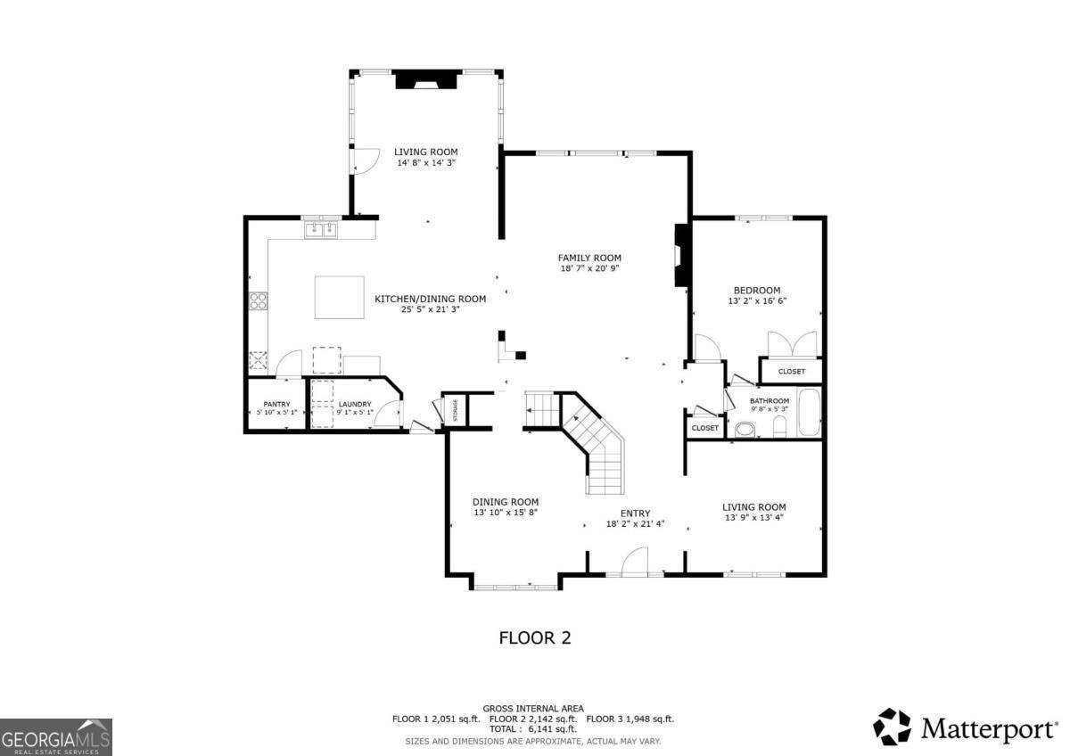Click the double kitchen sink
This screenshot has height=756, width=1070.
click(x=321, y=230)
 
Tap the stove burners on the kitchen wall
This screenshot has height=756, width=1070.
click(x=259, y=301)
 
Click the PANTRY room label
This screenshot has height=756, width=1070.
click(x=276, y=404)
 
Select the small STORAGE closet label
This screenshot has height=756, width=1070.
click(x=455, y=410)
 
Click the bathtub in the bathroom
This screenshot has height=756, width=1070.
click(x=809, y=413)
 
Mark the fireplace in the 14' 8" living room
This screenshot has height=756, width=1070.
click(x=427, y=80)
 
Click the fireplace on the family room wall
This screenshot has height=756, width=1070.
click(x=682, y=254)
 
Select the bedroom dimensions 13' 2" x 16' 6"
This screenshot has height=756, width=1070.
click(x=757, y=301)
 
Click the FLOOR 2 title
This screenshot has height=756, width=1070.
click(x=534, y=638)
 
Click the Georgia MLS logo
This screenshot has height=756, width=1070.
click(x=56, y=737)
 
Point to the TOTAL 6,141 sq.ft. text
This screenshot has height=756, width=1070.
click(x=533, y=729)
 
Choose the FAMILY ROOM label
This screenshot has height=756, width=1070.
click(x=589, y=258)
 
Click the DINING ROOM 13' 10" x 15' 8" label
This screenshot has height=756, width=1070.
click(x=506, y=507)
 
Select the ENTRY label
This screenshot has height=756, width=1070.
click(x=636, y=514)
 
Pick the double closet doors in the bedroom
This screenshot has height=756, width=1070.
click(x=792, y=344)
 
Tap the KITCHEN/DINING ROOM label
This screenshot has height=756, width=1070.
click(x=430, y=299)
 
